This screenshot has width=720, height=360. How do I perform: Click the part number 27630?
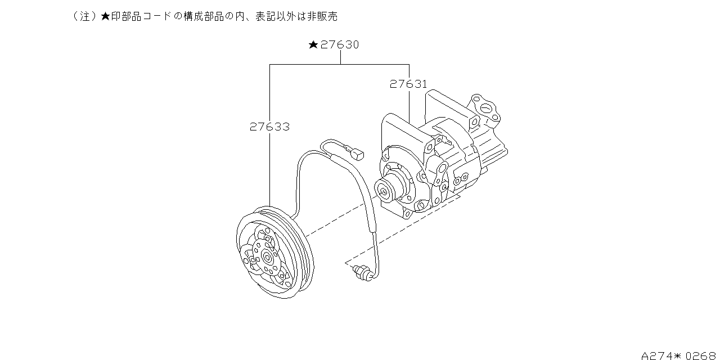(x=340, y=44)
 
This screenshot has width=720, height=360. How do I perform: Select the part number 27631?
(x=408, y=84)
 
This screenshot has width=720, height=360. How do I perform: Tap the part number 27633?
(x=269, y=127)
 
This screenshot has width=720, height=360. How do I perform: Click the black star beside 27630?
(x=313, y=44)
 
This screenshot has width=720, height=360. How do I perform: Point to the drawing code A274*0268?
(x=678, y=355)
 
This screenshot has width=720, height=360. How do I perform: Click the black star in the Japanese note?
(x=105, y=16)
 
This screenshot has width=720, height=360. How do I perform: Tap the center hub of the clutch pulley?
(x=267, y=256)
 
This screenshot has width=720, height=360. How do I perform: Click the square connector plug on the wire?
(x=357, y=155)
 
